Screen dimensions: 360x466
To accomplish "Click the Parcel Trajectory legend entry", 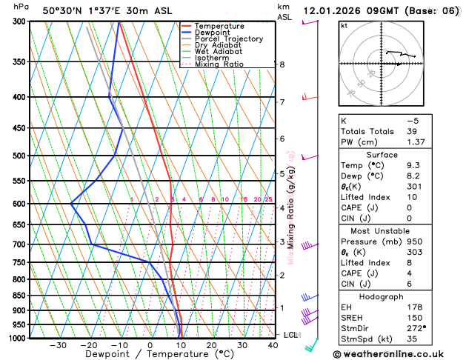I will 228,39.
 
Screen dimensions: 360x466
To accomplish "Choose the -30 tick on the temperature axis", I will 58,344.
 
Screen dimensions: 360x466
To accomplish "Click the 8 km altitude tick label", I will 282,64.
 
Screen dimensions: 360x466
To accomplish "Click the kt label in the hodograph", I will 344,25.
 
